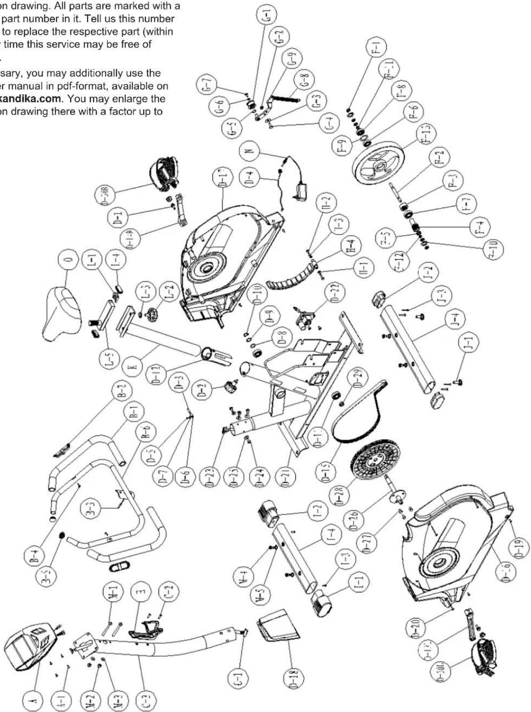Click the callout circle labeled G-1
tap(268, 16)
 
